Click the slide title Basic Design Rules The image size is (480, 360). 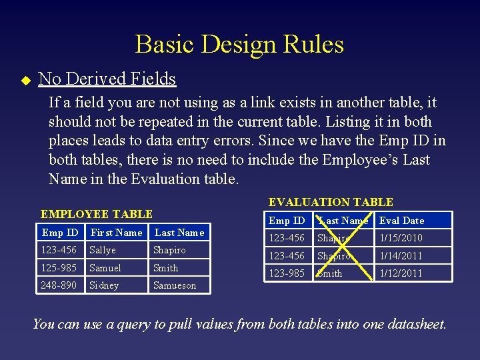point(239,45)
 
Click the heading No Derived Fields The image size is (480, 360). point(107,79)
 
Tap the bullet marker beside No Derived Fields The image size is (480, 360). point(26,80)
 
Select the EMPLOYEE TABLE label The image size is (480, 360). point(97,214)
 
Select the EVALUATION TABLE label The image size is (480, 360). point(331,202)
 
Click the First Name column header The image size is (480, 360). point(117,233)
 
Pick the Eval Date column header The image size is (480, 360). point(401,221)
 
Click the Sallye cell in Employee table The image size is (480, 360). point(103,250)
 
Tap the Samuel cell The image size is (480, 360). point(105,268)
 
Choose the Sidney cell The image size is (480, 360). point(104,285)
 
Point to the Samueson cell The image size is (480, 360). point(175,285)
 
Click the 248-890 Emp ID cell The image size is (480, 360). point(59,285)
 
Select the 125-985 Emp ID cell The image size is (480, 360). point(59,268)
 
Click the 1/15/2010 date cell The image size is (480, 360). point(401,238)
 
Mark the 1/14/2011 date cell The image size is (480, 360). point(401,256)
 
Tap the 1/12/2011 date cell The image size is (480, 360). point(401,273)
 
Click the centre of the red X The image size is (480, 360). point(343,247)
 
